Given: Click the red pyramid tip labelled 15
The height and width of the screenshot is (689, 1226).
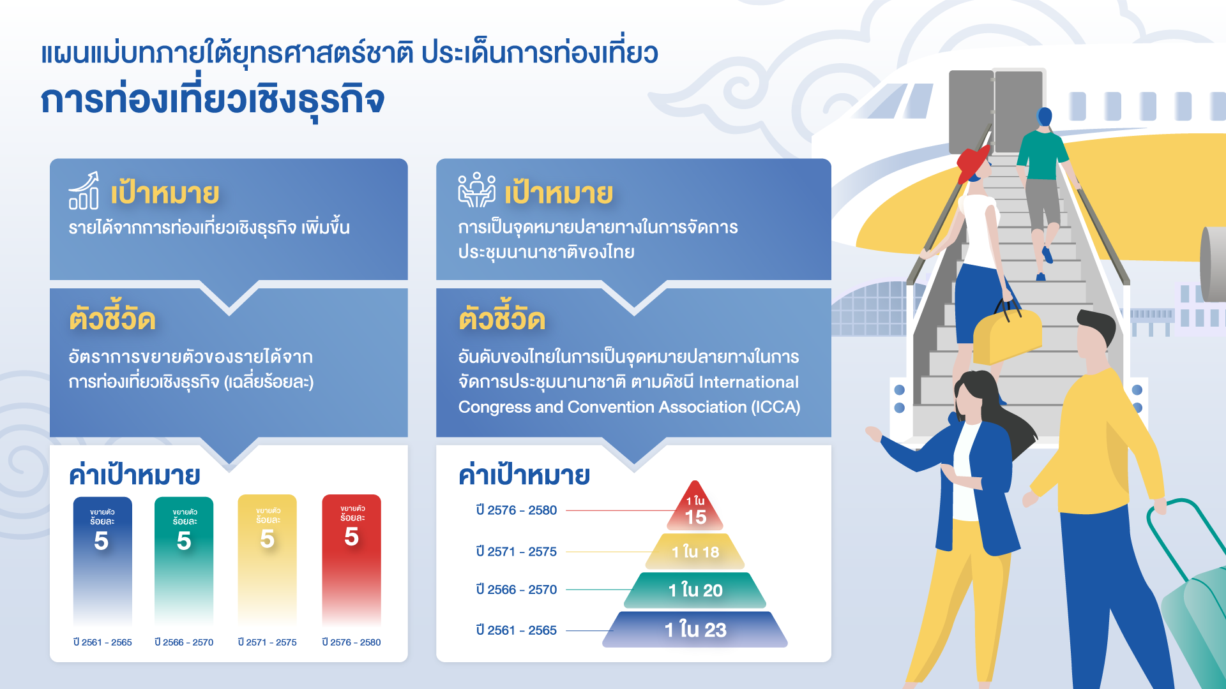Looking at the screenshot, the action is [695, 509].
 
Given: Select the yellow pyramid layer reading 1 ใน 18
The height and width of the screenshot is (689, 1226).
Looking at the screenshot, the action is [695, 551].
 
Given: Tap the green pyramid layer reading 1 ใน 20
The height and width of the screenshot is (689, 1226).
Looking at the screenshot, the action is [695, 590].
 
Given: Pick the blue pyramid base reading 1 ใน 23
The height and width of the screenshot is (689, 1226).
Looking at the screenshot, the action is [695, 630].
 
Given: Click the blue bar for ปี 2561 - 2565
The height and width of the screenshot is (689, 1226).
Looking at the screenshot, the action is [102, 561].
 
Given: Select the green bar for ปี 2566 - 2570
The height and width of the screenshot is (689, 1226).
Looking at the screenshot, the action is [184, 561].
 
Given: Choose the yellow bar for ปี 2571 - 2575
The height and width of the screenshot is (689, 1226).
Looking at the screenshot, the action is [267, 559].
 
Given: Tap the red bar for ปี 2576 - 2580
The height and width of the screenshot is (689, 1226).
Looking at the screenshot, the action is [351, 559].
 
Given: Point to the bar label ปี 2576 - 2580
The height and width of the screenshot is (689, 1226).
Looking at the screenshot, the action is [351, 642].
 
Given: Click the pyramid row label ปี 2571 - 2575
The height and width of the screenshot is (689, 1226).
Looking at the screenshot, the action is [516, 551].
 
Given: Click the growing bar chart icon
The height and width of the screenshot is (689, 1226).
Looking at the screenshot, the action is [84, 190].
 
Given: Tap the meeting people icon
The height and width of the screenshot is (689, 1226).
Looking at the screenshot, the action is [476, 190].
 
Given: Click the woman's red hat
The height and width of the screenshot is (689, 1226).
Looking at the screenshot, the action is [972, 163].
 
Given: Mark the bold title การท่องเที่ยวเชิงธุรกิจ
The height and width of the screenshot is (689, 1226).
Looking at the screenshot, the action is [213, 101].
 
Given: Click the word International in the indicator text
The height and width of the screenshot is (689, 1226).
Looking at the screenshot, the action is [748, 382].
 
